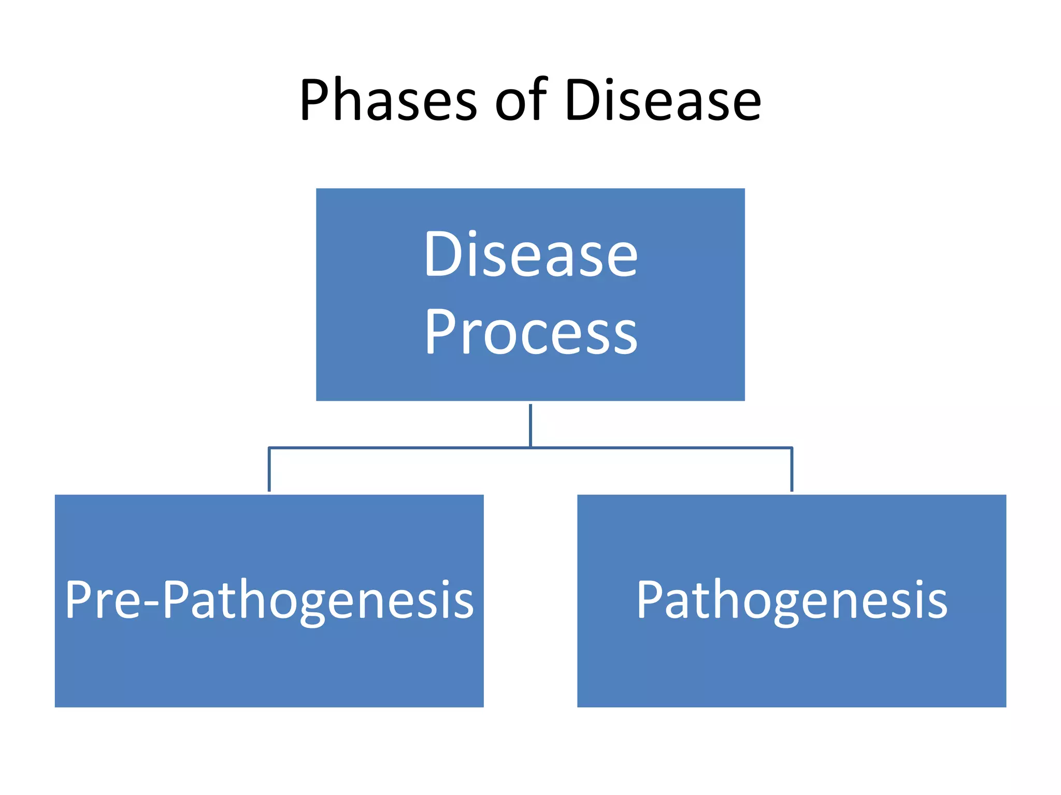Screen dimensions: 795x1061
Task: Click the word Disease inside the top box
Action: (x=530, y=254)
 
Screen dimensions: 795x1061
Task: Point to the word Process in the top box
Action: (x=530, y=332)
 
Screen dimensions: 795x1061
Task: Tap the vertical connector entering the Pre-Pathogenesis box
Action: (x=269, y=471)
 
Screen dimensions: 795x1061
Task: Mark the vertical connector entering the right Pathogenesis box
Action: (x=792, y=471)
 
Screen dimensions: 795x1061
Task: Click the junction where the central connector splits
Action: (x=530, y=447)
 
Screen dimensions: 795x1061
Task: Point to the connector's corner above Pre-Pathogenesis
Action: (x=269, y=448)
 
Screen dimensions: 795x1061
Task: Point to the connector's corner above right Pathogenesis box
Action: (x=792, y=448)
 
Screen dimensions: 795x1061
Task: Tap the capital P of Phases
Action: (x=316, y=100)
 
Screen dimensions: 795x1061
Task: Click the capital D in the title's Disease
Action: (x=583, y=100)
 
